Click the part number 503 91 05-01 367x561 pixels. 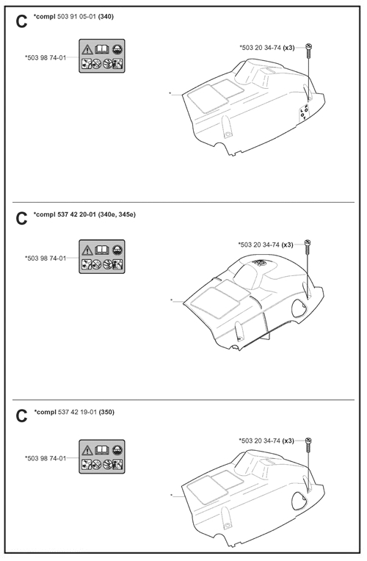(76, 16)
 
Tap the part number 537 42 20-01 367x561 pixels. (76, 214)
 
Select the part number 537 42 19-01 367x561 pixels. (77, 412)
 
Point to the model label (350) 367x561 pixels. (106, 412)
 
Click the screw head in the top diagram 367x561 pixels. (309, 46)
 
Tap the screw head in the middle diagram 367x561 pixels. (308, 243)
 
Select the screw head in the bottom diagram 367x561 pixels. (308, 440)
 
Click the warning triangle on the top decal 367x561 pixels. (87, 49)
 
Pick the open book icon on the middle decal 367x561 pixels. (102, 250)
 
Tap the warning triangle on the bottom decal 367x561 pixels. (87, 449)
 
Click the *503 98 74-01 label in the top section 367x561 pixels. (46, 57)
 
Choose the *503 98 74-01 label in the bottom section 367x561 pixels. (46, 458)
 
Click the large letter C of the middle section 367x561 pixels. (21, 219)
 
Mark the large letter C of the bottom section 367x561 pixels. (21, 416)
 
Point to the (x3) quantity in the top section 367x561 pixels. (288, 48)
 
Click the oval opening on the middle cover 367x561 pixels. (299, 308)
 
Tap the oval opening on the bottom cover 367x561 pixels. (299, 501)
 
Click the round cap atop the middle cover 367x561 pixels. (260, 263)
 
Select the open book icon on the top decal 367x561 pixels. (102, 49)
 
